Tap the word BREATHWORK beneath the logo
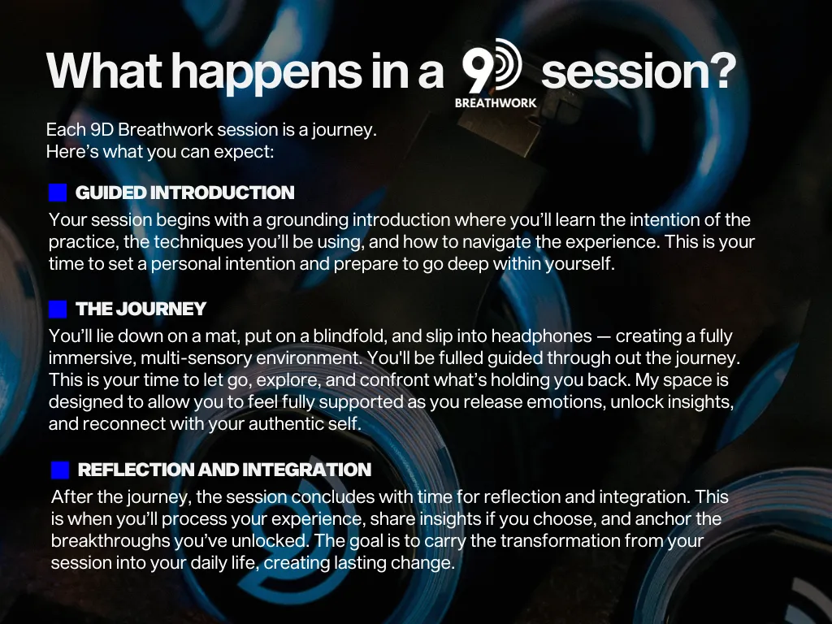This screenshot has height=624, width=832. [496, 103]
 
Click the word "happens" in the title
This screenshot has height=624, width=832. [266, 72]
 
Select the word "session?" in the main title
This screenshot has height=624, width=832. [639, 71]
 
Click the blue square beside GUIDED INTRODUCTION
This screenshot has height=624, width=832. [58, 193]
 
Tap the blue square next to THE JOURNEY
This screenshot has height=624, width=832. [58, 309]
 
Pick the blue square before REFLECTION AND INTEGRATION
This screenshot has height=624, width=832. [60, 470]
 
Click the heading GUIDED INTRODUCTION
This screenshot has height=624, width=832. [184, 193]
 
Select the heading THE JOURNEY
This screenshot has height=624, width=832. [141, 309]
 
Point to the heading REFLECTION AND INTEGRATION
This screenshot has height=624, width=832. [224, 470]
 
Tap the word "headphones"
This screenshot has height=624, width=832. [541, 336]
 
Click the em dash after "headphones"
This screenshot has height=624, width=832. [604, 336]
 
